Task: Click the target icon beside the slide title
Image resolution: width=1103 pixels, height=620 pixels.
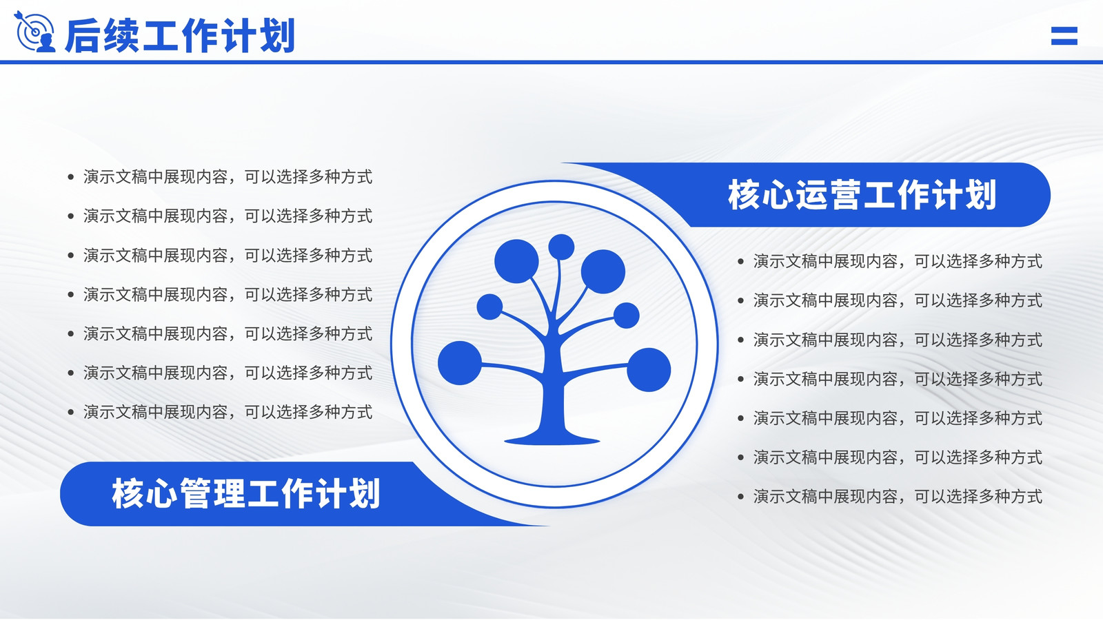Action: coord(34,32)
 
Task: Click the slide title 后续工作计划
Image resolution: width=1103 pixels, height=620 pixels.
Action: coord(180,35)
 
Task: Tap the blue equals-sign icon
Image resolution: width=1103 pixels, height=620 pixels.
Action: coord(1064,36)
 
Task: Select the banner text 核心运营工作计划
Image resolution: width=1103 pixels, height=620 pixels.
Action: coord(862,195)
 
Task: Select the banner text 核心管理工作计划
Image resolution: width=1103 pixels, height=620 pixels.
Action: coord(246,493)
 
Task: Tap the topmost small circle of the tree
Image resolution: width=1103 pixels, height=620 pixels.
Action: coord(561,247)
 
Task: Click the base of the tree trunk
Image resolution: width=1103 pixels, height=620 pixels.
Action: coord(552,438)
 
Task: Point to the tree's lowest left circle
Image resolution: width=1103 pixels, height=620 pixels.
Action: coord(459,363)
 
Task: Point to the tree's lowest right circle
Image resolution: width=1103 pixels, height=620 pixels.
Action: coord(649,369)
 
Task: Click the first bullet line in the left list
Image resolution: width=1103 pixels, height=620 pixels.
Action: coord(220,176)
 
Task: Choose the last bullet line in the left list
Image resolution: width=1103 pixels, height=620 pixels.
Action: coord(220,413)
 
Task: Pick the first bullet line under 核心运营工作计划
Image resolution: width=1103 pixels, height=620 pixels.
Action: coord(890,261)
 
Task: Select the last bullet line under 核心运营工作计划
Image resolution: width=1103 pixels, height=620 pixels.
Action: coord(890,497)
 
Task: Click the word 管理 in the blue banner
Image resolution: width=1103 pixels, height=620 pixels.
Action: coord(213,493)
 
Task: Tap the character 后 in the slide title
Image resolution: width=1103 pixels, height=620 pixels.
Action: coord(83,35)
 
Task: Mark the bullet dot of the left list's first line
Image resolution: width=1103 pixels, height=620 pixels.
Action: coord(71,176)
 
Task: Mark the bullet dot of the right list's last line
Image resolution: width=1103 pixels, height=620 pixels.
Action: coord(740,497)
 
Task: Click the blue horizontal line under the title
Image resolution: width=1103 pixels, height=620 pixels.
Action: coord(551,63)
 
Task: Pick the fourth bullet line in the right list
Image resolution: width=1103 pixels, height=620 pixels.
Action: coord(890,379)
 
